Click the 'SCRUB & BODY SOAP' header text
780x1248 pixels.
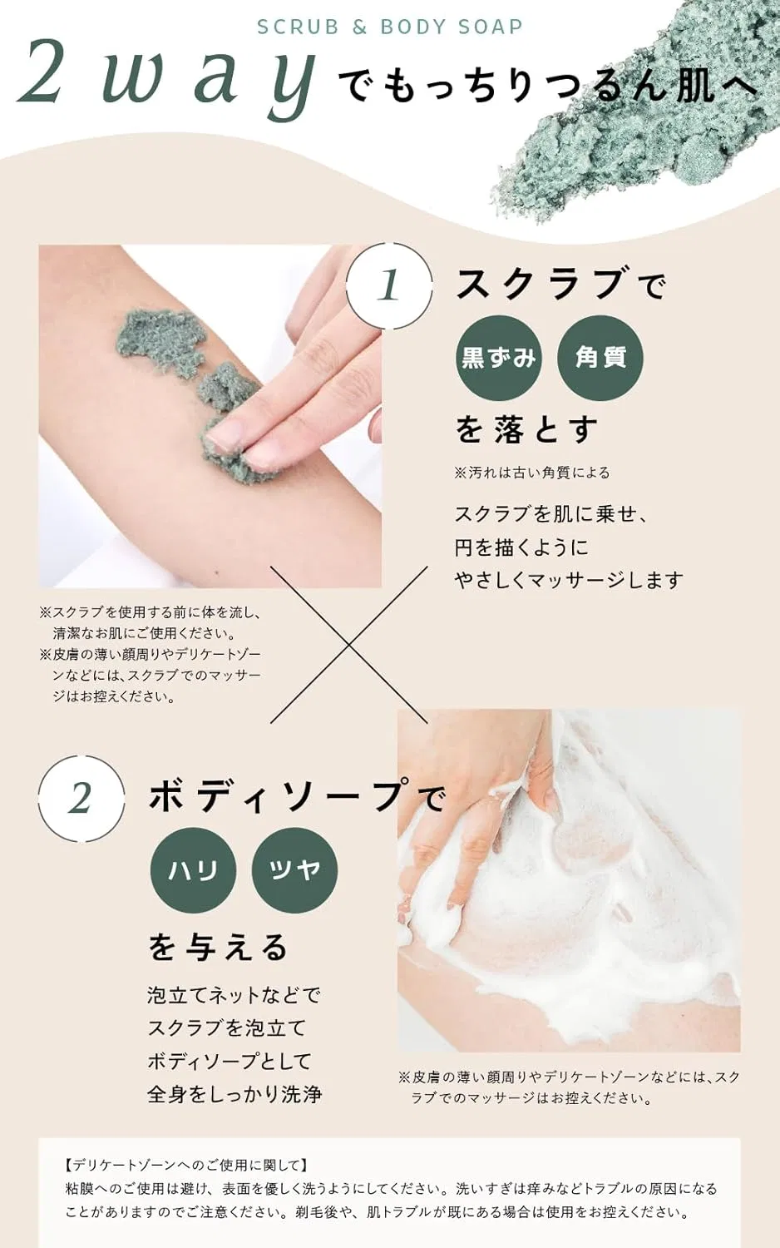tap(390, 27)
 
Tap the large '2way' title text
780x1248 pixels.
tap(167, 77)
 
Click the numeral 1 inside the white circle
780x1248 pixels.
tap(388, 285)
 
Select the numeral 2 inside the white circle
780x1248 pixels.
tap(81, 799)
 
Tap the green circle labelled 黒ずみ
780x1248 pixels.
tap(498, 358)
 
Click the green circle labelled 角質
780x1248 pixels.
tap(600, 358)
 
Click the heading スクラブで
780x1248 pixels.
tap(560, 285)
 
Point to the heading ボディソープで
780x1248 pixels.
tap(296, 796)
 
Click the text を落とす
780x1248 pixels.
tap(526, 429)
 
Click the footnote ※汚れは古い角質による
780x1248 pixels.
tap(532, 473)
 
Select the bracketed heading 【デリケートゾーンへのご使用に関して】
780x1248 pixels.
tap(186, 1165)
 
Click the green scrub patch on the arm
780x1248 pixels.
tap(161, 339)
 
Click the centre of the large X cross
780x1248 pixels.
tap(349, 645)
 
